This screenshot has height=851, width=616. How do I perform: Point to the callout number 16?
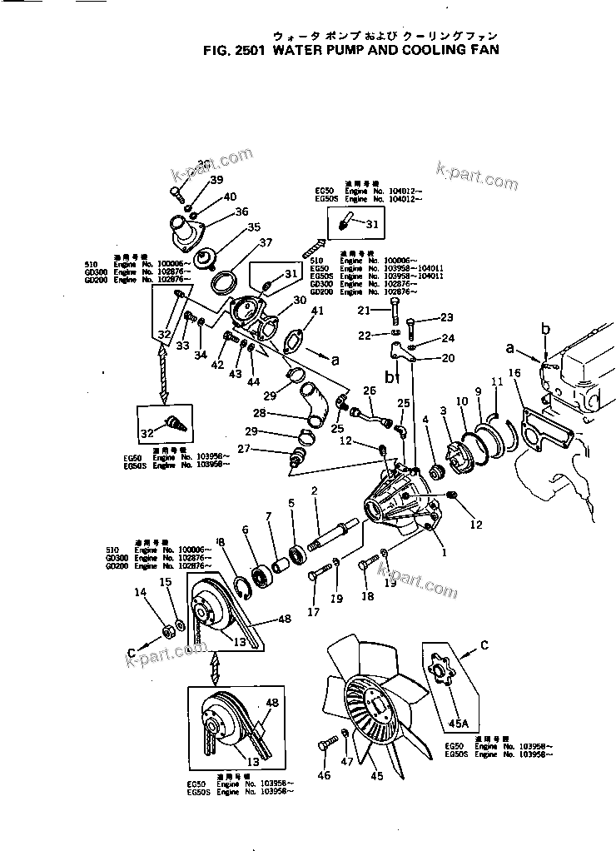514,373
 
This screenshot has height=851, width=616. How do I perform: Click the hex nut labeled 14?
166,626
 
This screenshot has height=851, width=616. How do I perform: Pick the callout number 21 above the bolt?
363,311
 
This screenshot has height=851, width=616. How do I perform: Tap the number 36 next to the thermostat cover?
241,212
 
